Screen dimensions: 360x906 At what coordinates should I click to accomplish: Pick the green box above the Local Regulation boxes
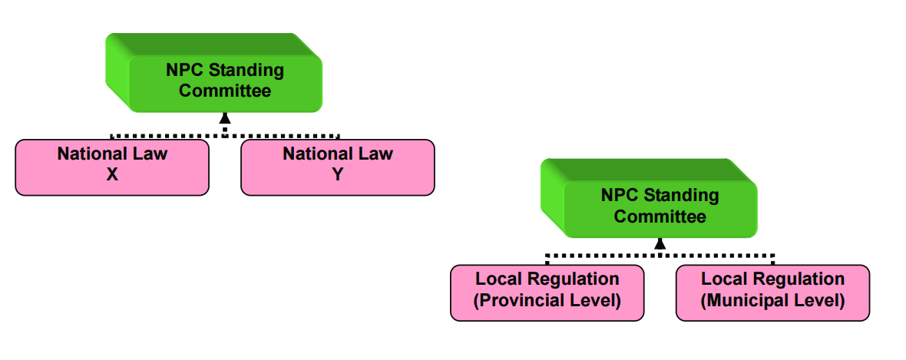pos(659,206)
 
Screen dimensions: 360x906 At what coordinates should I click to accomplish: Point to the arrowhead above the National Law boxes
pos(225,117)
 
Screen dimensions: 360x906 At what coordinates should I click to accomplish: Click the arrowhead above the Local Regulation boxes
pos(660,243)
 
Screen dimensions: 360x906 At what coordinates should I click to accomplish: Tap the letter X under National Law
pos(112,174)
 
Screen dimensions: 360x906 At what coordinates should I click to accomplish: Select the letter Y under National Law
pos(338,174)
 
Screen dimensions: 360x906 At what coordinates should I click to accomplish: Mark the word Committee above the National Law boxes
pos(225,91)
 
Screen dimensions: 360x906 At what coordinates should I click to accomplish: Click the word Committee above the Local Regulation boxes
pos(660,216)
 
